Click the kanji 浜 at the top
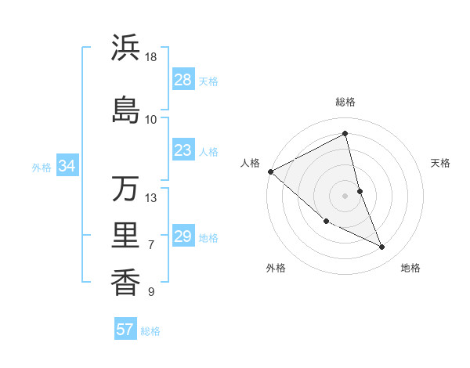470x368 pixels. click(x=125, y=49)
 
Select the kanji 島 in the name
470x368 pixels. click(x=125, y=110)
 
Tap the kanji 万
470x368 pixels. click(x=125, y=189)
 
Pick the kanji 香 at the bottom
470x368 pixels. click(x=125, y=281)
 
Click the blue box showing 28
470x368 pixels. click(x=183, y=80)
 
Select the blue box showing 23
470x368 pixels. click(x=183, y=150)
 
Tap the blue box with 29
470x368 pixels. click(x=183, y=236)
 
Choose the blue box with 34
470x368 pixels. click(x=67, y=166)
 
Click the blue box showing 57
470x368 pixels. click(x=125, y=330)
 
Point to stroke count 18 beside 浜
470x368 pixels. click(x=151, y=58)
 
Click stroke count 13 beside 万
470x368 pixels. click(x=151, y=197)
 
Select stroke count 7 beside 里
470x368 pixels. click(x=151, y=245)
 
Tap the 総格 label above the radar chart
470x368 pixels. click(x=345, y=102)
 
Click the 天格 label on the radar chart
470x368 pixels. click(x=441, y=163)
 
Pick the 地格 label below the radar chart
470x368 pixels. click(x=410, y=268)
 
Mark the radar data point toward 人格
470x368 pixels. click(x=270, y=171)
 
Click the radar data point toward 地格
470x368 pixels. click(x=382, y=247)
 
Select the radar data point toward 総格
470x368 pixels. click(x=345, y=134)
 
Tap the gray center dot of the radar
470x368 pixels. click(x=345, y=195)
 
